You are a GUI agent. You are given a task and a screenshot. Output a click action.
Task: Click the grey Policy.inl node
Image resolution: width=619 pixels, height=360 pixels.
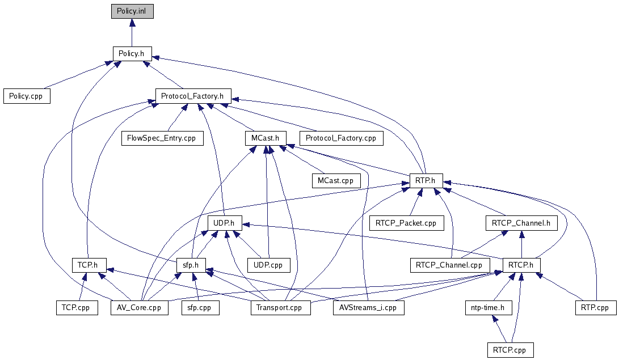(x=132, y=11)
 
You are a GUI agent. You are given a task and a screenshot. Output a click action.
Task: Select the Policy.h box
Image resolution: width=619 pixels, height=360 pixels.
(x=132, y=53)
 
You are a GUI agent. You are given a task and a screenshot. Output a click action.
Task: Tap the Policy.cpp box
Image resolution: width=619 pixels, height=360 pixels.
(x=26, y=96)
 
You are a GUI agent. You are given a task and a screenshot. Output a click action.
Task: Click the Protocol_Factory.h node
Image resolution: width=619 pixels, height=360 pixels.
(x=193, y=95)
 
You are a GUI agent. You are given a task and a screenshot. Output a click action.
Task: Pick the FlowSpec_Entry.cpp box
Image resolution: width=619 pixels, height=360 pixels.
(x=162, y=138)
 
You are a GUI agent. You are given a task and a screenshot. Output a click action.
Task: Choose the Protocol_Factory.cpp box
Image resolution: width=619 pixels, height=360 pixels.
(x=341, y=138)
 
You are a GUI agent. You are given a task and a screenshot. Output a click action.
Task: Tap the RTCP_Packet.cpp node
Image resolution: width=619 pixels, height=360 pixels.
(x=406, y=223)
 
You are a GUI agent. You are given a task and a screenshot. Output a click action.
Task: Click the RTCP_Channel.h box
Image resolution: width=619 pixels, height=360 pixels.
(x=521, y=223)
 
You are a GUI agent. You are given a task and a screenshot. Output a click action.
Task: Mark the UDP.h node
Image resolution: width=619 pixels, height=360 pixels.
(x=225, y=223)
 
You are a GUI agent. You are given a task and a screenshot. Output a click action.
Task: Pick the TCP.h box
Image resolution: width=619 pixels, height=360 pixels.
(x=86, y=265)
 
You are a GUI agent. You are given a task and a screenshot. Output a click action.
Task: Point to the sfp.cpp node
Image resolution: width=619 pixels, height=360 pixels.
(x=196, y=307)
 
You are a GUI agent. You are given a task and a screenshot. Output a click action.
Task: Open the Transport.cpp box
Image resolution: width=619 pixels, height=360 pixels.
(x=280, y=307)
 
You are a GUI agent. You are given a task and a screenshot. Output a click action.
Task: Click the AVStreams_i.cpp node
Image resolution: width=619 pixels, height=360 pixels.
(x=368, y=307)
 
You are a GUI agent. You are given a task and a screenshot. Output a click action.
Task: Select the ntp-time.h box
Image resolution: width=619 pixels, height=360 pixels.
(x=488, y=307)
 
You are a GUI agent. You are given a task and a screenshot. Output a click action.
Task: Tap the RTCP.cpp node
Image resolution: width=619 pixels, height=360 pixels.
(x=510, y=350)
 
